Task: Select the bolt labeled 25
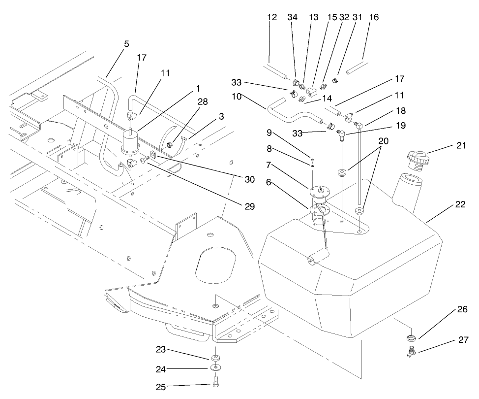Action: coord(215,381)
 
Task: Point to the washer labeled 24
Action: coord(215,367)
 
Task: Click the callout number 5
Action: coord(126,44)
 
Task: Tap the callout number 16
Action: coord(374,17)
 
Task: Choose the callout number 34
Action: coord(293,17)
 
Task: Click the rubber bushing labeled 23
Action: coord(215,356)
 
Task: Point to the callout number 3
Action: coord(222,116)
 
